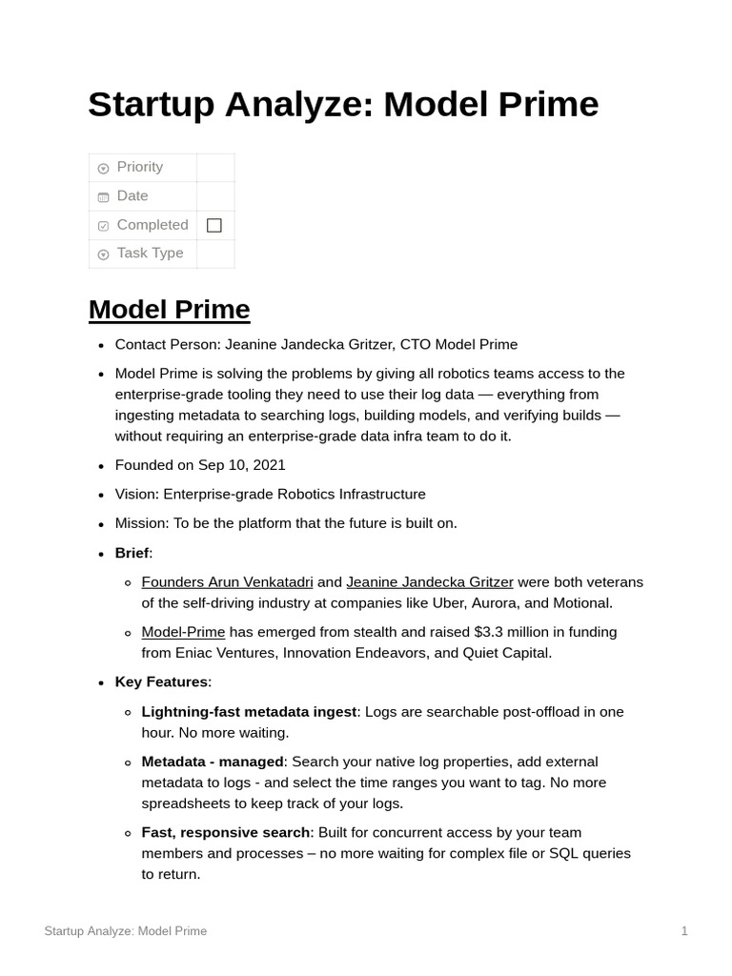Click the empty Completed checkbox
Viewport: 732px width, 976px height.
click(x=214, y=225)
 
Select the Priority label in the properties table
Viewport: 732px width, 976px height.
click(x=139, y=167)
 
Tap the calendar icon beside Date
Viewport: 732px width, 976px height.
click(x=103, y=197)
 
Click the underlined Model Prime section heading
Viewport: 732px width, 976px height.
click(x=169, y=310)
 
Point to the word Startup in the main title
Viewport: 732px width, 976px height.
click(x=154, y=105)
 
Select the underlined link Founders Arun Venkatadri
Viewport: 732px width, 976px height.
click(x=227, y=581)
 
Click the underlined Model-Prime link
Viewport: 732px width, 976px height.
click(x=183, y=632)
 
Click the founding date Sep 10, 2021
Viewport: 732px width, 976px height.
click(x=241, y=465)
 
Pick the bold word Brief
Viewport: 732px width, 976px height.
click(x=132, y=553)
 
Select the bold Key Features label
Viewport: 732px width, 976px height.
click(x=161, y=681)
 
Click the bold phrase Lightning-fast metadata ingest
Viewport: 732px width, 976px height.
click(x=249, y=712)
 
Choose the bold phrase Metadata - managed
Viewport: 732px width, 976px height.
click(x=213, y=762)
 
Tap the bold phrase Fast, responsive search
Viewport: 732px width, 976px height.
click(x=226, y=832)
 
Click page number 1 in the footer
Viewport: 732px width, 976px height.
click(x=684, y=931)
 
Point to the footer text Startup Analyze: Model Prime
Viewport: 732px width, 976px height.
click(x=125, y=931)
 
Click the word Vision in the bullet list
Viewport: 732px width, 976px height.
click(x=136, y=494)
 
